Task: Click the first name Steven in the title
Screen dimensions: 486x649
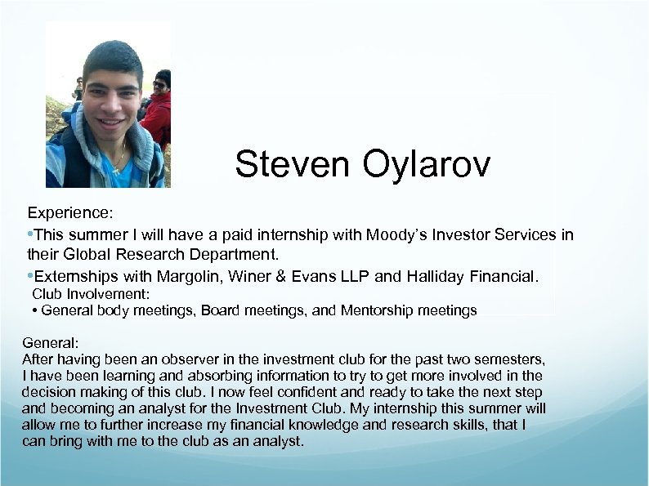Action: click(282, 165)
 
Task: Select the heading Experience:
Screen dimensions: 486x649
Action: click(70, 213)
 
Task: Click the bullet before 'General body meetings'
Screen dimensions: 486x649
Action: click(35, 310)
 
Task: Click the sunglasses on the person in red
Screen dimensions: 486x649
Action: click(159, 84)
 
